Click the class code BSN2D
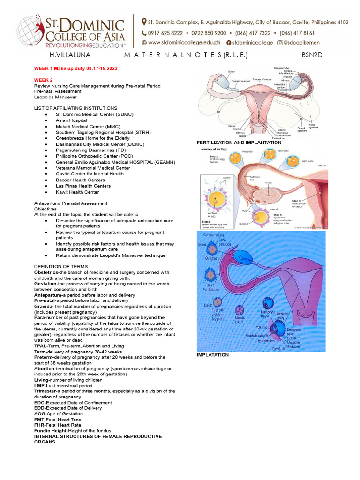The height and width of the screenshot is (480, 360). point(312,55)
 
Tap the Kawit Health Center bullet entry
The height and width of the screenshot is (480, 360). point(77,192)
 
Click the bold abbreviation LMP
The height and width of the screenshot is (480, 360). point(39,385)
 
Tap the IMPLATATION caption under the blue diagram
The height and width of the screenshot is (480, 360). point(213,355)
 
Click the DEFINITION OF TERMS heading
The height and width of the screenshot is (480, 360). point(59,266)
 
